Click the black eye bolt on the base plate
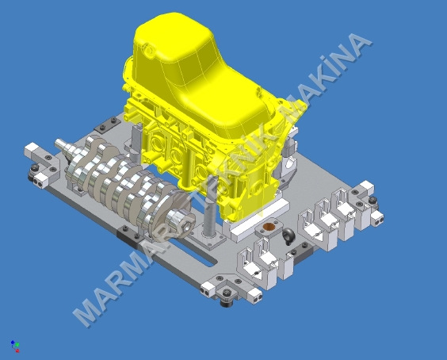point(288,236)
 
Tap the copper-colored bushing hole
point(269,227)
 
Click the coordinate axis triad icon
point(15,346)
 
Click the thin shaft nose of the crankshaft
point(62,145)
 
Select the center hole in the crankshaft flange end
point(186,226)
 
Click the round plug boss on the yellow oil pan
point(148,51)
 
